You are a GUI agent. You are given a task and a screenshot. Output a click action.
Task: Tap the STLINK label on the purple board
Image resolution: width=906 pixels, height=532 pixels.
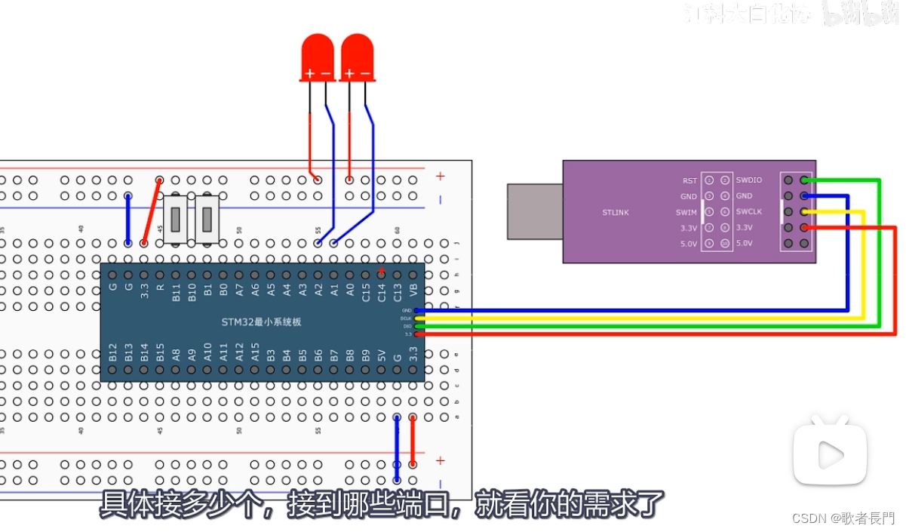pos(615,212)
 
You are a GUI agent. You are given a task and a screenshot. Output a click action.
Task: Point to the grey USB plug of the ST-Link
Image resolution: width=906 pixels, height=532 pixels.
pos(535,211)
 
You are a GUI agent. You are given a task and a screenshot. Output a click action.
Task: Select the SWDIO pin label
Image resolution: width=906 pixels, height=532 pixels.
pos(748,180)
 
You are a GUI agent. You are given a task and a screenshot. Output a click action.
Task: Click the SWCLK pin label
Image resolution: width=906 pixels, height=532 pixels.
pos(749,212)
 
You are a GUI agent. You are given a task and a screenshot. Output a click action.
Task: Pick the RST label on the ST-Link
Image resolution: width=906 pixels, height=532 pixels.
pos(689,181)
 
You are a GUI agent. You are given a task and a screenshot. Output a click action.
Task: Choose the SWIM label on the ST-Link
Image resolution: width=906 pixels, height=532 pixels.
pos(686,213)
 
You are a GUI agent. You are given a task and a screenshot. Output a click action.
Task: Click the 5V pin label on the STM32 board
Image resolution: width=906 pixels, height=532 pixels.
pos(381,355)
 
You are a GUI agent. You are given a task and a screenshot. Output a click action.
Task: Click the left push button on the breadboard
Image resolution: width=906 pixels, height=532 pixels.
pos(176,219)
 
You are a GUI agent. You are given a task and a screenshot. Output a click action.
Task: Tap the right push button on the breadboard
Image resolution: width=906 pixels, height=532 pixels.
pos(207,219)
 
